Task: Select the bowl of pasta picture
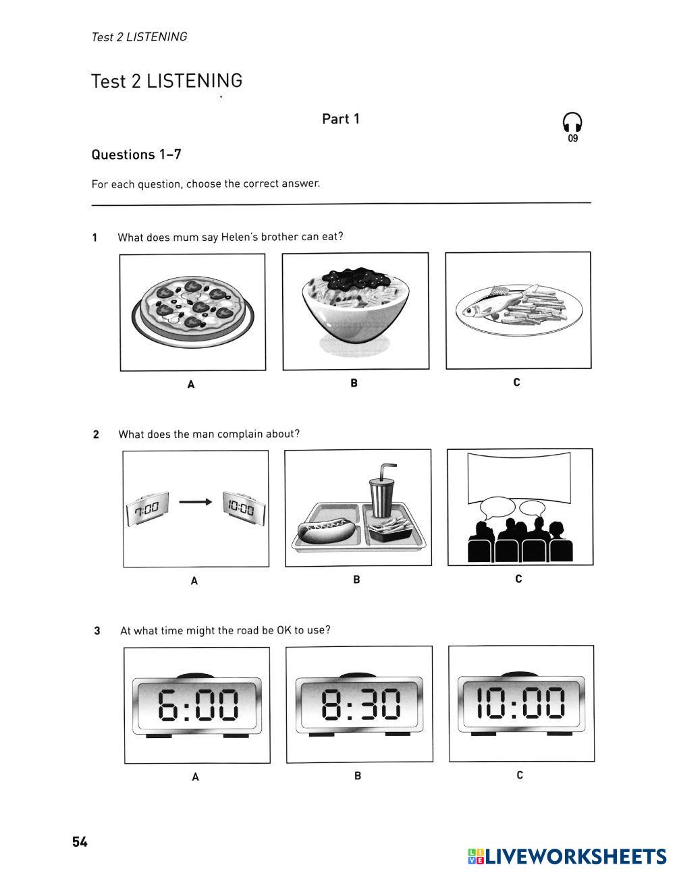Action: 355,304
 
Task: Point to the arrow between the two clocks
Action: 196,501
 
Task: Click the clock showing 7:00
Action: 146,508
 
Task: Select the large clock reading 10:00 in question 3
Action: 521,702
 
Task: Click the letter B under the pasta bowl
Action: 354,383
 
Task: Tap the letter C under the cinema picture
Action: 518,579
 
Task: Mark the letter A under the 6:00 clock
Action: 196,777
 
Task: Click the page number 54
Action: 80,842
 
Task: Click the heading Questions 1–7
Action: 136,154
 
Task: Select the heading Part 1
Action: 341,119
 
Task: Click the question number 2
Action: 96,434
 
